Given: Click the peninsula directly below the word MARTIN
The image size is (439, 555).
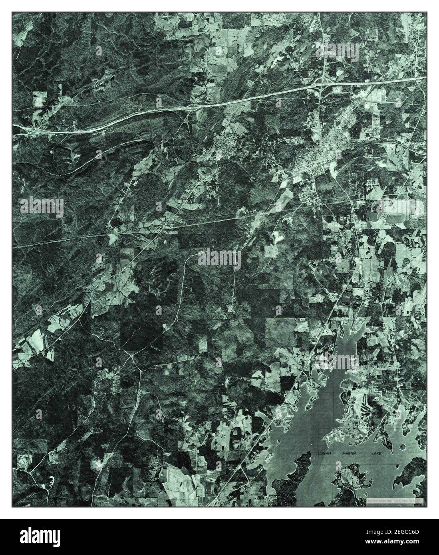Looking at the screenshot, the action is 352,479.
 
